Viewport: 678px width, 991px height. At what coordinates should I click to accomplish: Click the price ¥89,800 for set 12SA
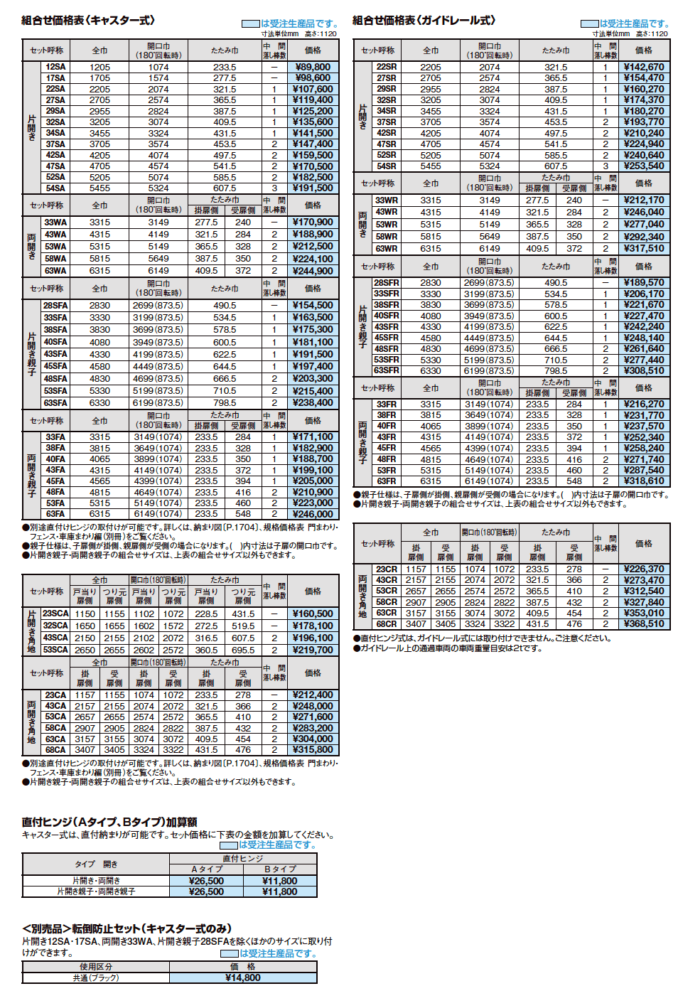pyautogui.click(x=313, y=67)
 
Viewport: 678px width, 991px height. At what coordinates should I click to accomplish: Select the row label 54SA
pyautogui.click(x=55, y=188)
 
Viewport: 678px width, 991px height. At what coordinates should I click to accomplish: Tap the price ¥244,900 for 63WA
pyautogui.click(x=313, y=271)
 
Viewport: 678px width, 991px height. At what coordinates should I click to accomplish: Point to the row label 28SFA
pyautogui.click(x=55, y=305)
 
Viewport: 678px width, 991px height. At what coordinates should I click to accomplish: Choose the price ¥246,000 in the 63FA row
pyautogui.click(x=313, y=514)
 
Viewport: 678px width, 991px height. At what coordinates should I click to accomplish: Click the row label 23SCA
pyautogui.click(x=55, y=614)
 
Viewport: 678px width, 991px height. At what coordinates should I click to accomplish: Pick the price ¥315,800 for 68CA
pyautogui.click(x=313, y=749)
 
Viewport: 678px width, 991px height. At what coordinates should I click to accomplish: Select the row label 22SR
pyautogui.click(x=387, y=67)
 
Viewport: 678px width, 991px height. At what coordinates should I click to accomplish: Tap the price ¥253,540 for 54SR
pyautogui.click(x=644, y=166)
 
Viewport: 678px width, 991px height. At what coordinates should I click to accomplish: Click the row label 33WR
pyautogui.click(x=387, y=200)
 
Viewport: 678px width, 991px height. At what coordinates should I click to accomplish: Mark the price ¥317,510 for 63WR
pyautogui.click(x=644, y=249)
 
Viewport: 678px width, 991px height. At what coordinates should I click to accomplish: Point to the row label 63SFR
pyautogui.click(x=387, y=370)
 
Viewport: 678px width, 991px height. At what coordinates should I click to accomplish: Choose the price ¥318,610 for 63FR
pyautogui.click(x=644, y=481)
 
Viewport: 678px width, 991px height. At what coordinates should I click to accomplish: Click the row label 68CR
pyautogui.click(x=387, y=624)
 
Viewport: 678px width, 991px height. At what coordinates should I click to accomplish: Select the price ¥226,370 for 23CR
pyautogui.click(x=644, y=569)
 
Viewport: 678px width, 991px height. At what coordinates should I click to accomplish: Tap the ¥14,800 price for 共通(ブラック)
pyautogui.click(x=243, y=977)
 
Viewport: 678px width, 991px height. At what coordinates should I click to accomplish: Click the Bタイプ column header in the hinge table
pyautogui.click(x=280, y=869)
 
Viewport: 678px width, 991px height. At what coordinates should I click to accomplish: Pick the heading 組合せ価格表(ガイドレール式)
pyautogui.click(x=424, y=21)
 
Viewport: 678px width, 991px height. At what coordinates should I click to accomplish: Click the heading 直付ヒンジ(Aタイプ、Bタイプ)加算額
pyautogui.click(x=109, y=822)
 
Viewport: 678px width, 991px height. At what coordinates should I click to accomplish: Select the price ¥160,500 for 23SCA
pyautogui.click(x=313, y=614)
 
